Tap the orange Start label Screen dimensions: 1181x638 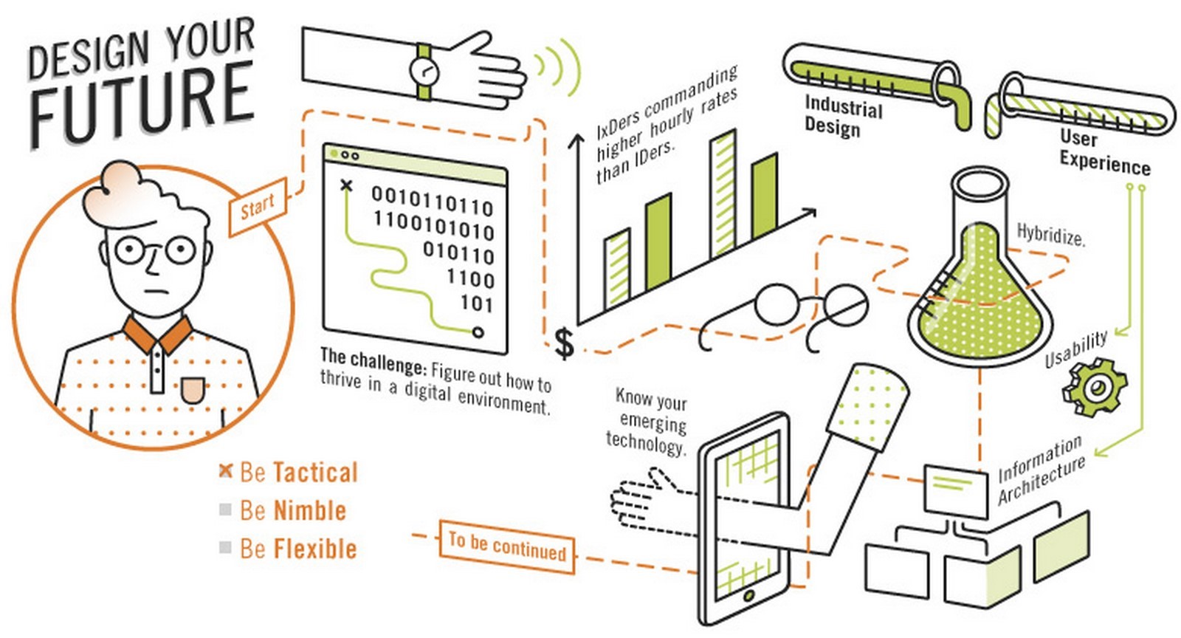(x=258, y=207)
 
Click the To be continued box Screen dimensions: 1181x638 (x=506, y=546)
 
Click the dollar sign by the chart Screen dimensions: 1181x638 (x=564, y=344)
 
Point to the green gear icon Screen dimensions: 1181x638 (x=1095, y=388)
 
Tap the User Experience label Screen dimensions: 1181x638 (x=1104, y=153)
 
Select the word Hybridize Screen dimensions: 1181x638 (x=1051, y=235)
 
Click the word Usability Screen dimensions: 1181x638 (x=1076, y=349)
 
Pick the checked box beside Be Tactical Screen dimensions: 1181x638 (x=226, y=471)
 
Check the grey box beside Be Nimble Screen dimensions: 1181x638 (x=225, y=510)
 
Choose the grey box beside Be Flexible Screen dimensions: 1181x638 (x=225, y=547)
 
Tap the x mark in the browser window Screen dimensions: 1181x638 (x=346, y=185)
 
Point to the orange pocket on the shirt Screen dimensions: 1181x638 (x=192, y=390)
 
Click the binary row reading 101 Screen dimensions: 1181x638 (x=477, y=303)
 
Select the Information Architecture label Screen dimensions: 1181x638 (x=1041, y=470)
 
